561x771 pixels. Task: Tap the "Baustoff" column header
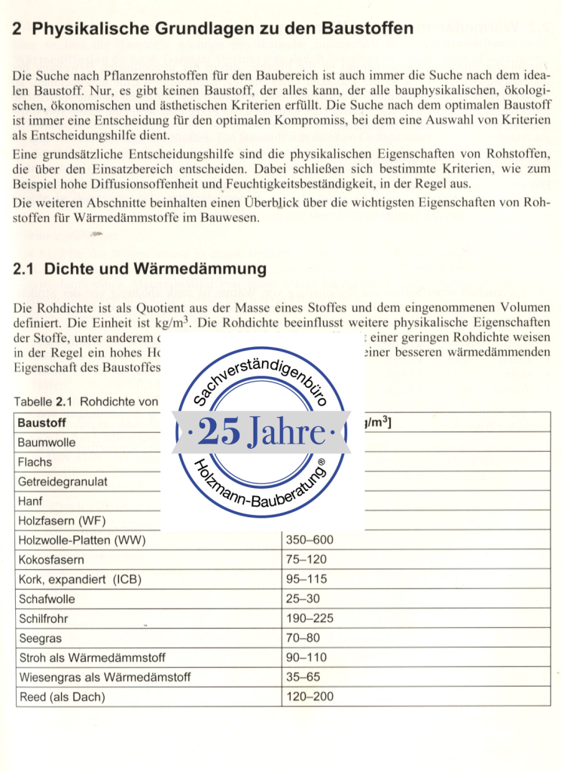(42, 422)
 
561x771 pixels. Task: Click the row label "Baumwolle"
(47, 442)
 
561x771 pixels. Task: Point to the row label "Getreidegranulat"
(63, 481)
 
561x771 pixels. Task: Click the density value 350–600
(309, 540)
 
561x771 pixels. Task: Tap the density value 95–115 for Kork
(306, 579)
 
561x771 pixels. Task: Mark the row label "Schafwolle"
(48, 599)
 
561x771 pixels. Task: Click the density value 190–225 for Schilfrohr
(309, 618)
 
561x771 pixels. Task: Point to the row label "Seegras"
(39, 638)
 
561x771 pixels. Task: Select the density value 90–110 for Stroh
(306, 657)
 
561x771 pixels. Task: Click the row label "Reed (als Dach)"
(62, 696)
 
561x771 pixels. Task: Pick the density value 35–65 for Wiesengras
(303, 677)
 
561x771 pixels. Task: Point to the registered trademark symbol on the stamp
(321, 463)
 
